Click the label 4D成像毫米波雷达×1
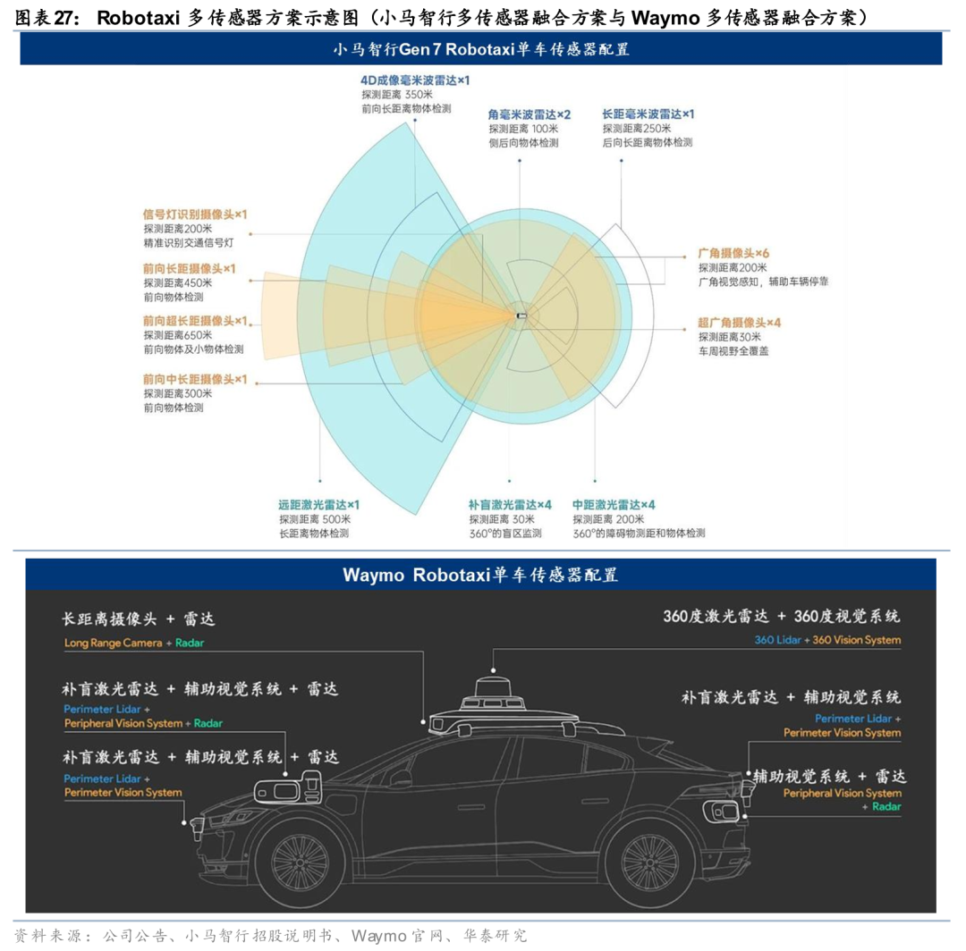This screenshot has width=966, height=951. point(415,80)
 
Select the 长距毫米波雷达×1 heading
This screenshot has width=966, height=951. point(648,114)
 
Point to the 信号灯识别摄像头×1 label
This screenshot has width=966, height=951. point(195,215)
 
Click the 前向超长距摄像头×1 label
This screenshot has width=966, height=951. point(195,321)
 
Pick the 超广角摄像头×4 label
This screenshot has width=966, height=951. point(740,322)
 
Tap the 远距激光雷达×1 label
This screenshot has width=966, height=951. point(318,505)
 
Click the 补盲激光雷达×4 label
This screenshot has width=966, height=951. point(511,505)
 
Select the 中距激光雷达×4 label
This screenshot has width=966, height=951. point(614,505)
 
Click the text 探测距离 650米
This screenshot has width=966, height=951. point(176,336)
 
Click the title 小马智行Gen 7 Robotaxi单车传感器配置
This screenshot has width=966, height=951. point(481,49)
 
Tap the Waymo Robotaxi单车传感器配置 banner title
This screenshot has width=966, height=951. point(480,575)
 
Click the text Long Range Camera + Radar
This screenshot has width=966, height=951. point(134,643)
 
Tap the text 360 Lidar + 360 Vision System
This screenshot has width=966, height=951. point(827,640)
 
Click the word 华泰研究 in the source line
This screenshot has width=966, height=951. point(495,936)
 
